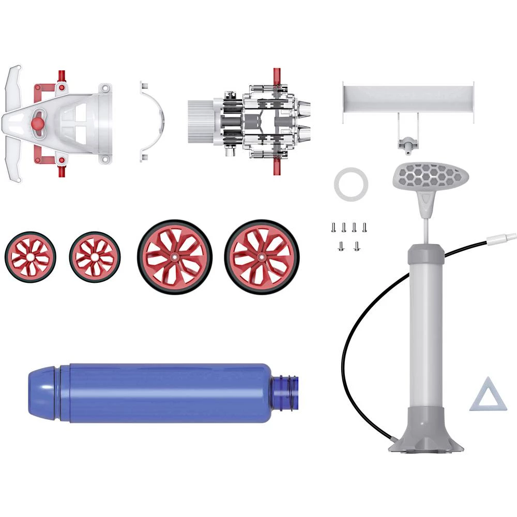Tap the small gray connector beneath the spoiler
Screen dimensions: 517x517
[407, 143]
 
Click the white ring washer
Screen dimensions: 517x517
[351, 184]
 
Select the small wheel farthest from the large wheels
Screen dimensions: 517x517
[29, 256]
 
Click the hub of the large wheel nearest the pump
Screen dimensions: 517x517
[262, 256]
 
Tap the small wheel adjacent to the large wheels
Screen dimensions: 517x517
[95, 256]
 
